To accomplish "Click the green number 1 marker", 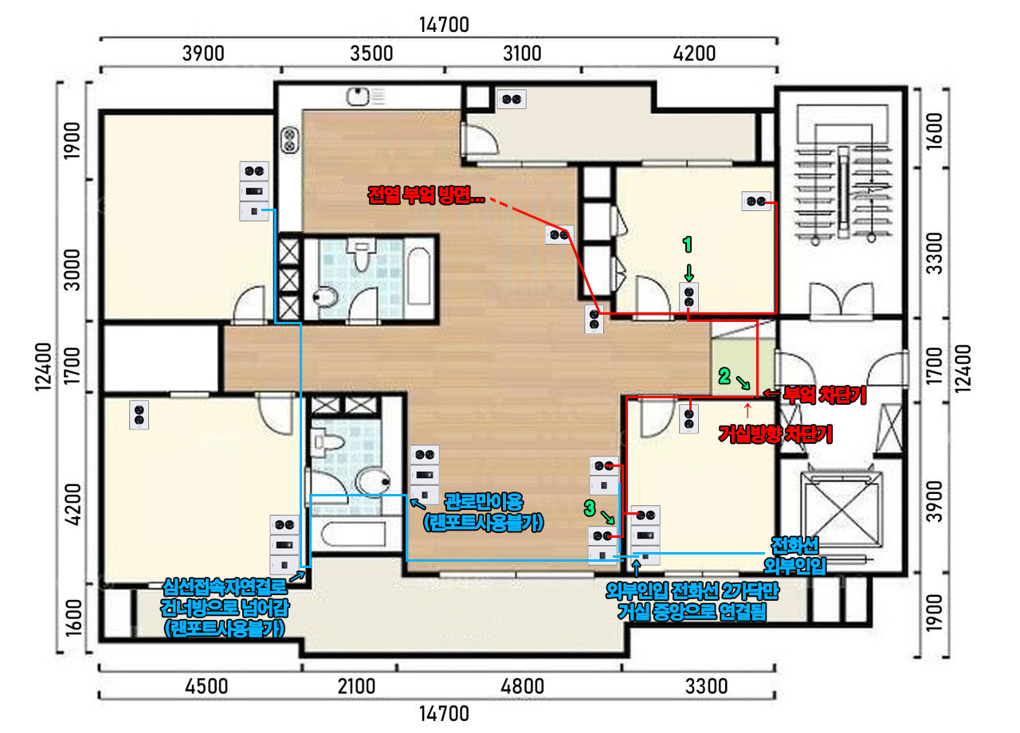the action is coord(688,245).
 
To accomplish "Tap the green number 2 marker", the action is coord(724,377).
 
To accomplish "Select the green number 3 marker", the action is coord(590,508).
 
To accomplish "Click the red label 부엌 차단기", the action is coord(825,394).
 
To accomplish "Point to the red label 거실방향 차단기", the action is coord(775,434).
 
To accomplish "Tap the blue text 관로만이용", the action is coord(484,502).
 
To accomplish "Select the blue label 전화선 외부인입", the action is coord(794,556).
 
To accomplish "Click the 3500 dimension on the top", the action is coord(371,53).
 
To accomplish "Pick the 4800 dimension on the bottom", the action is coord(522,686).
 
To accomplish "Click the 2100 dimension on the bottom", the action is coord(356,686).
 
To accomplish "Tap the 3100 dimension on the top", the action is coord(522,53).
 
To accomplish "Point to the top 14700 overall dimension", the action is coord(444,25).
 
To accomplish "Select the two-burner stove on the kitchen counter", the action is coord(289,140).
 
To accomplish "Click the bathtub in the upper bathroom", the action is coord(418,276).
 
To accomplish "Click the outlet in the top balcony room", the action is coord(512,100).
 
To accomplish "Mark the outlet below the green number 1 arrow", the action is coord(688,296).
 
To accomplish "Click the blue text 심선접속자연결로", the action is coord(225,587).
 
